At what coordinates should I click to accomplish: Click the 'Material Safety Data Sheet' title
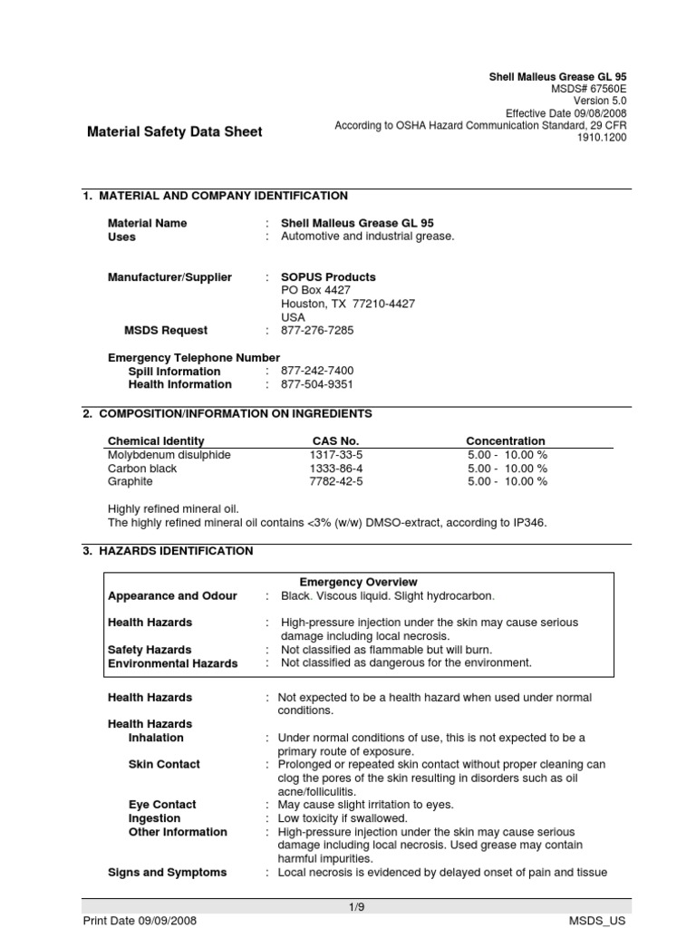(x=174, y=131)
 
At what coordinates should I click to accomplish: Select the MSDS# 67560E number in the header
(x=588, y=89)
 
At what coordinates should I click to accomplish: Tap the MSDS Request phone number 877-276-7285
(x=317, y=331)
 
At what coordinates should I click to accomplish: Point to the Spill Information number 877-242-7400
(x=317, y=372)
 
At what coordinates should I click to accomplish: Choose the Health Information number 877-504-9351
(x=317, y=384)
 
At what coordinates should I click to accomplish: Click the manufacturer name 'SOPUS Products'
(x=328, y=277)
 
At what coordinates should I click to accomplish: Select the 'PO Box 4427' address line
(x=315, y=290)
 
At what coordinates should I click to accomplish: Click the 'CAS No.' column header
(x=335, y=441)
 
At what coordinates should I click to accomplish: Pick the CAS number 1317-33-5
(x=335, y=455)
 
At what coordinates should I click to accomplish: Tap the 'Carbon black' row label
(x=142, y=469)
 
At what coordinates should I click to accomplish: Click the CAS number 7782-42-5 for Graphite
(x=335, y=482)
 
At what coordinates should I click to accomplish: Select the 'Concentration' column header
(x=506, y=441)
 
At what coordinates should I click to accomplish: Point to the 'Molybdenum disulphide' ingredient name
(x=169, y=455)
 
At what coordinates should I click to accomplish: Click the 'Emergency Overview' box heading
(x=358, y=582)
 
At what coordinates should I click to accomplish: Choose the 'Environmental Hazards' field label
(x=172, y=663)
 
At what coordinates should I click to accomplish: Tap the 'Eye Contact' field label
(x=162, y=805)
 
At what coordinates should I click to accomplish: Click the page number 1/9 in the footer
(x=357, y=906)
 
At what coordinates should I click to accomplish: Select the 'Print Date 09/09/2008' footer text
(x=140, y=921)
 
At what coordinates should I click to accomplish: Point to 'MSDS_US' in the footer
(x=597, y=921)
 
